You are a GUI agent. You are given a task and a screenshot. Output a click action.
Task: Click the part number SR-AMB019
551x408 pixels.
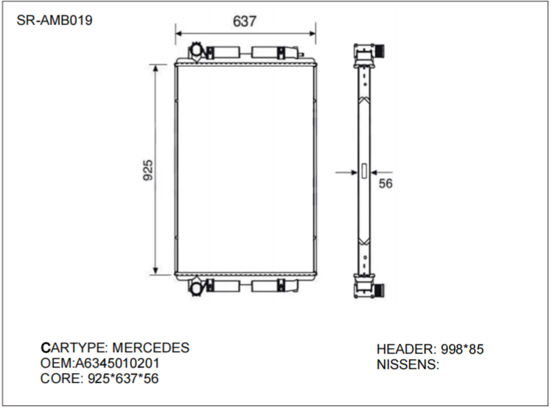(54, 20)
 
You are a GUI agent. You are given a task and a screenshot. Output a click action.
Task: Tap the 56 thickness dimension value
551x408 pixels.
(385, 183)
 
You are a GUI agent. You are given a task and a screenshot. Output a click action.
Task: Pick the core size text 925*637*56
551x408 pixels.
(127, 379)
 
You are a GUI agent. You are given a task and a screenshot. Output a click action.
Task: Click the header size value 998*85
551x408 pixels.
(461, 349)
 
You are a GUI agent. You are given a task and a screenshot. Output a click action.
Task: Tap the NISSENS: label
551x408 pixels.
(408, 365)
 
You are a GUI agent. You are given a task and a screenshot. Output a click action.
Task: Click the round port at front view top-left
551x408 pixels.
(196, 51)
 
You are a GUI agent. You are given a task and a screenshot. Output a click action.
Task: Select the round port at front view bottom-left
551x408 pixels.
(196, 286)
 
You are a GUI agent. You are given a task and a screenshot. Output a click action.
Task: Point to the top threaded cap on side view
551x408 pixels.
(381, 51)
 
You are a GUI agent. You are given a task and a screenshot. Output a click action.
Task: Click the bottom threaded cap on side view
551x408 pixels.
(381, 289)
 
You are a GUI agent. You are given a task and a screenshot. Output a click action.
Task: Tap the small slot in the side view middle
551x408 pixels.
(363, 169)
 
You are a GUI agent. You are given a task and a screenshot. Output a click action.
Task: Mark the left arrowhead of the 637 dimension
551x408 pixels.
(179, 32)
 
